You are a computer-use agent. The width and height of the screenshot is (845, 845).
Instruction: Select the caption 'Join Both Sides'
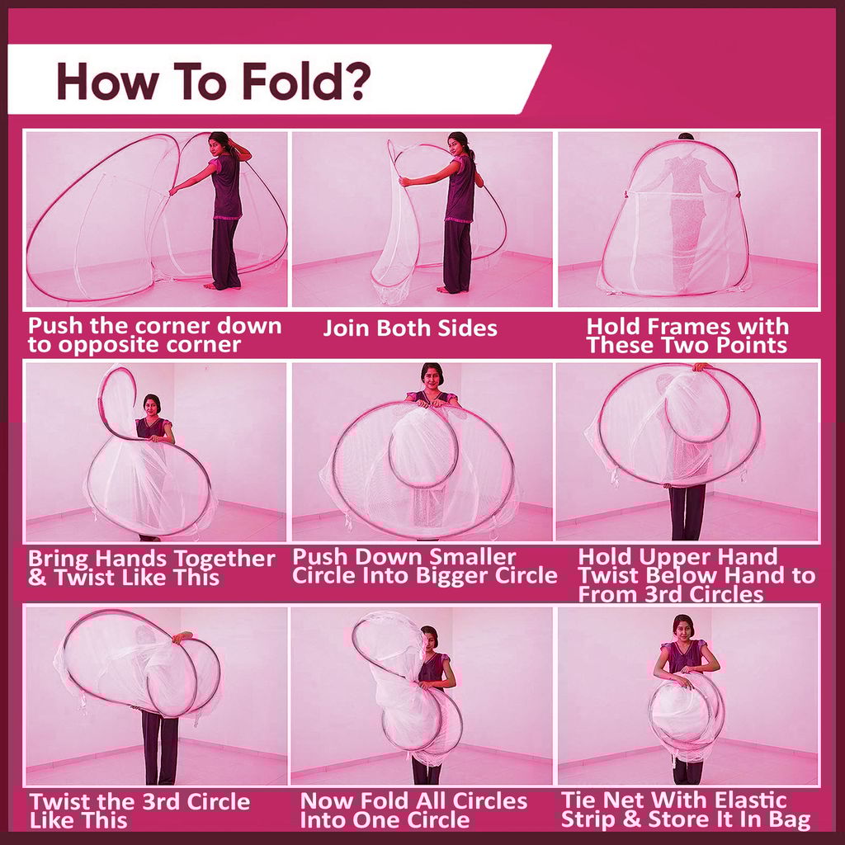pos(410,328)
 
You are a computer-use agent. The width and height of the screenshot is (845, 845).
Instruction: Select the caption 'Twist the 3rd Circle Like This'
pos(139,810)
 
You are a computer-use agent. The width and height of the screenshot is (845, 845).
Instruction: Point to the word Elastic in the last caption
pos(747,800)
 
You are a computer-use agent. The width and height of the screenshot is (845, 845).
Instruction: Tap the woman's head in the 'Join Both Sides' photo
pos(458,144)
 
